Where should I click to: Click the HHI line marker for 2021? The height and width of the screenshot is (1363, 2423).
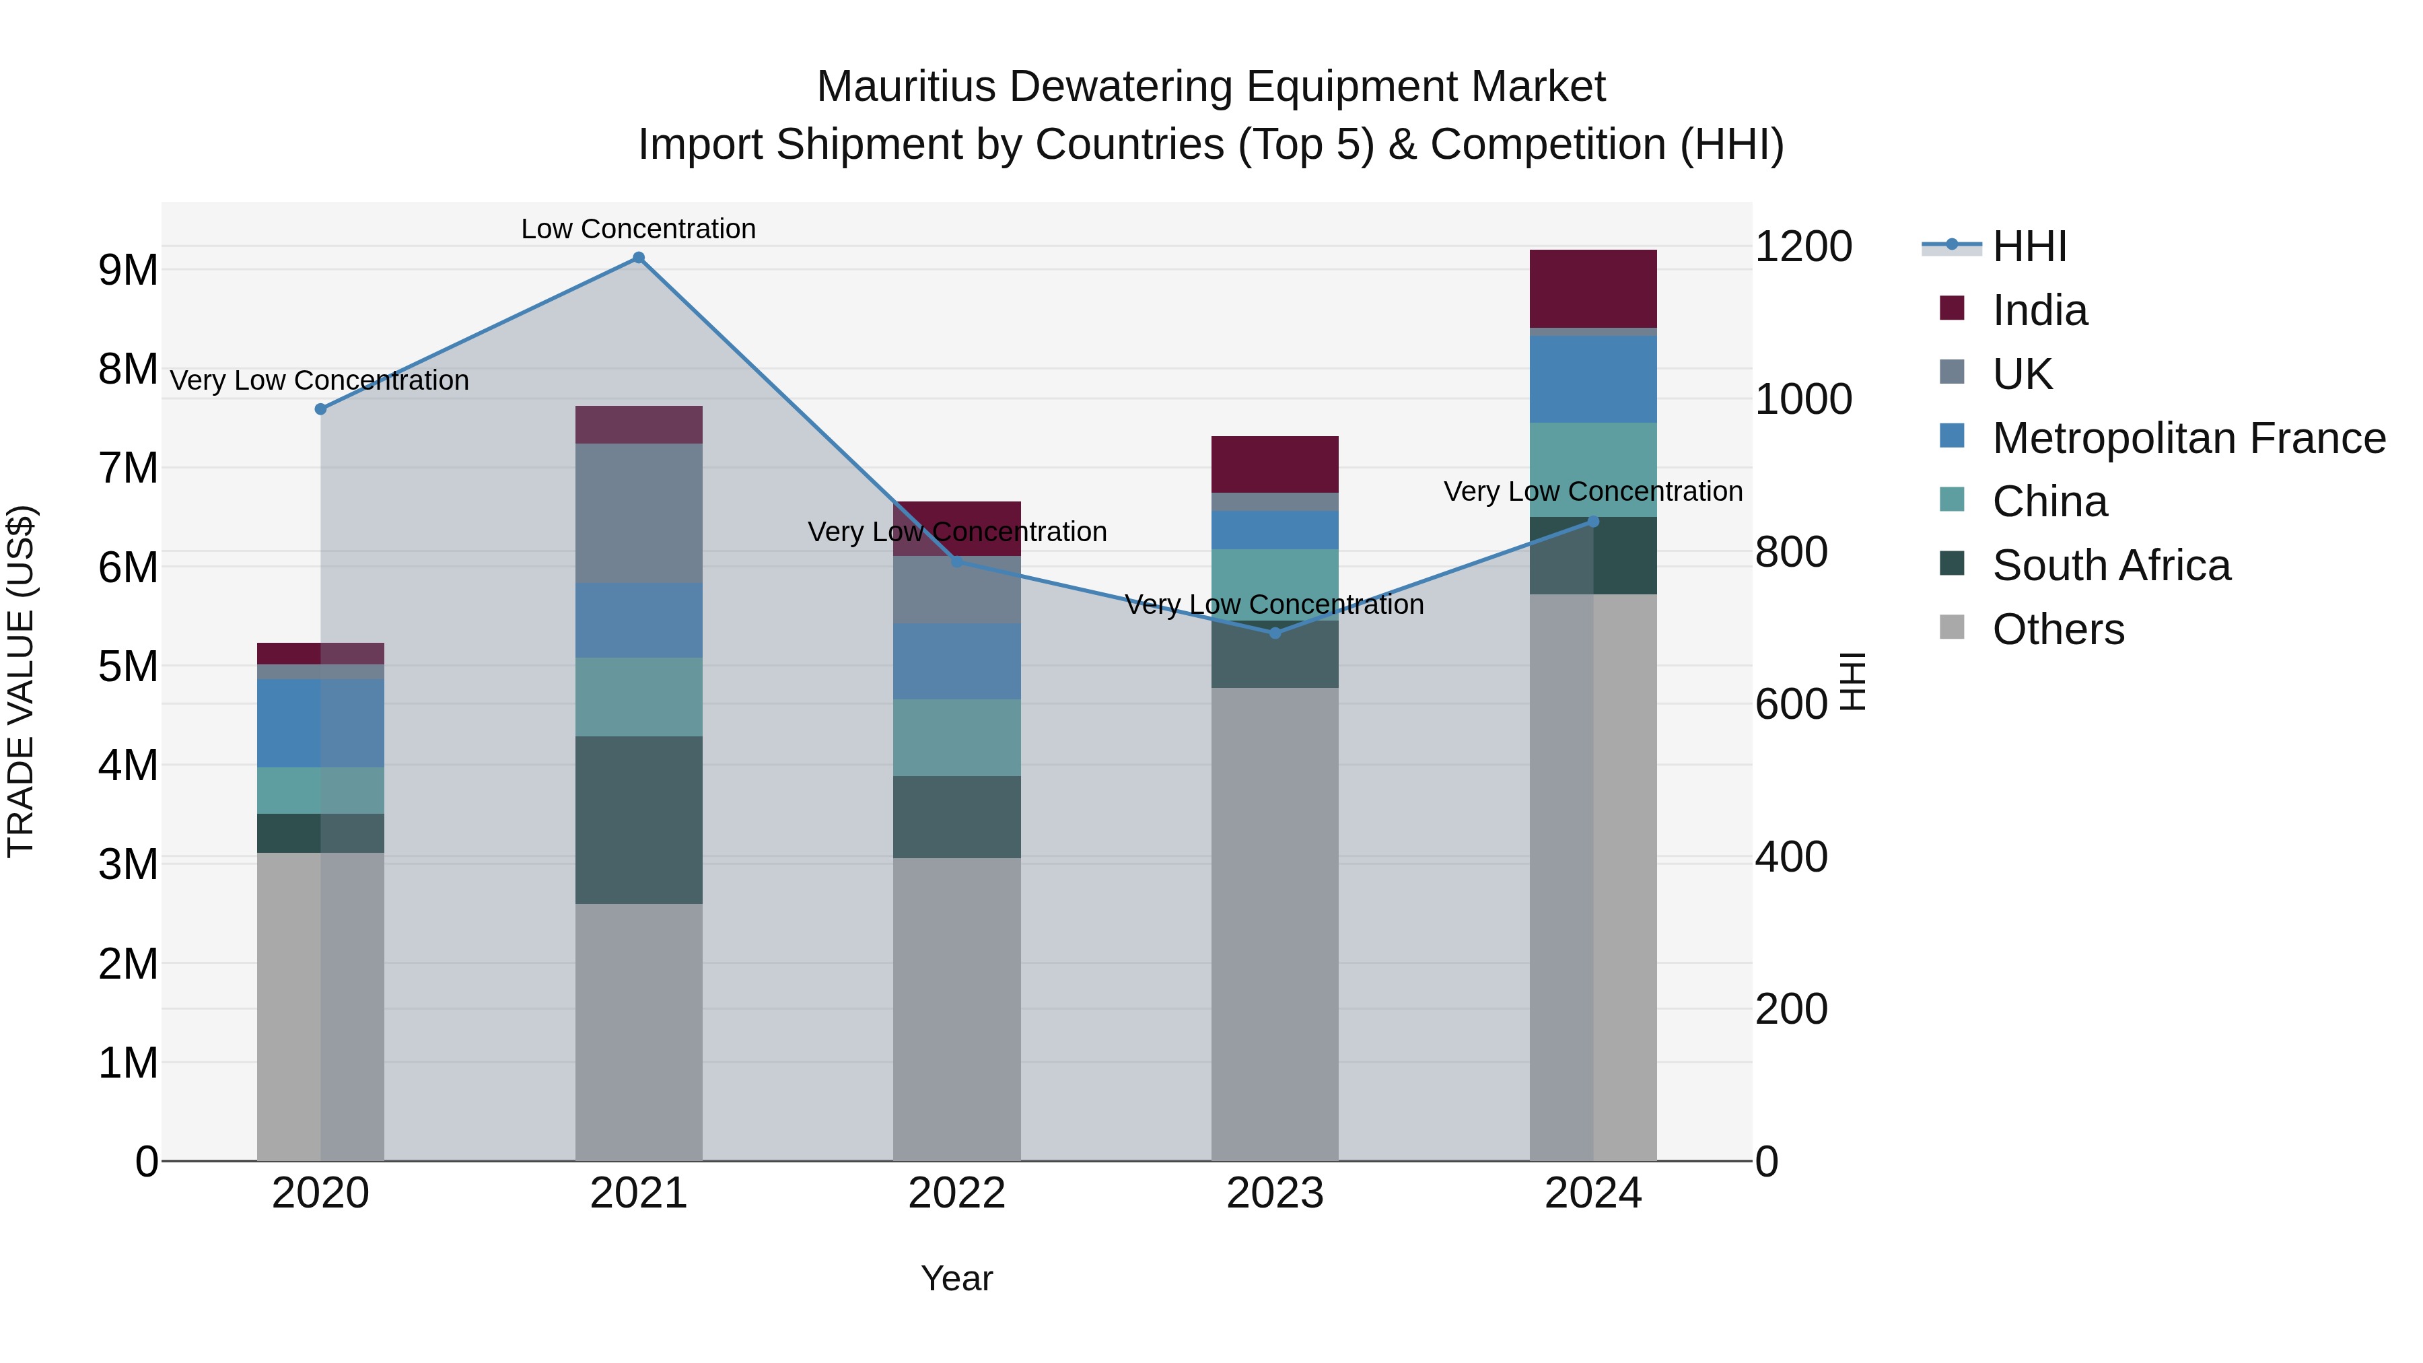coord(638,258)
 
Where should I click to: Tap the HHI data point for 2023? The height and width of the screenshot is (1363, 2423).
coord(1275,633)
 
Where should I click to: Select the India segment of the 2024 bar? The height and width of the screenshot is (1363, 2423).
coord(1592,289)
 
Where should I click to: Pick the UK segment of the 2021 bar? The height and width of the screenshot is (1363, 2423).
coord(638,513)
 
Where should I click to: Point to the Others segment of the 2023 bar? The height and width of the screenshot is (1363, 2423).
coord(1275,923)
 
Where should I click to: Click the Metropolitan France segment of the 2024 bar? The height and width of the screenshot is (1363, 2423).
coord(1592,379)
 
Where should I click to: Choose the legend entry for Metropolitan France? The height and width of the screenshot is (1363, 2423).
coord(2188,438)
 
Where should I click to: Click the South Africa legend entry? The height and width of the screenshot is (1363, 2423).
coord(2111,565)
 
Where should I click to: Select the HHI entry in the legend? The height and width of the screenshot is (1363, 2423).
coord(2029,246)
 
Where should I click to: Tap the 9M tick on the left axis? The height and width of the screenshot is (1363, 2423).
coord(128,271)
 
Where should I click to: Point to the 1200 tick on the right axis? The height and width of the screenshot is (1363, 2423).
coord(1803,246)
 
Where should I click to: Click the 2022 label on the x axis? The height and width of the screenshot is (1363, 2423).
coord(956,1193)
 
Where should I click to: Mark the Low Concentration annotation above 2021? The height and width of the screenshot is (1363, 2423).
coord(638,229)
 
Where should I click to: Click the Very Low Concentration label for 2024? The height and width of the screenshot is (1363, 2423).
coord(1592,491)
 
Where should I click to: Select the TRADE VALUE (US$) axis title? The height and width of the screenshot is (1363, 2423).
coord(21,681)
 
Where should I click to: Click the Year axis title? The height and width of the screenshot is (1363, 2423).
coord(956,1278)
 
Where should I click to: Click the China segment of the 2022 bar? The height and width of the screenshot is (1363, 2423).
coord(956,738)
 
